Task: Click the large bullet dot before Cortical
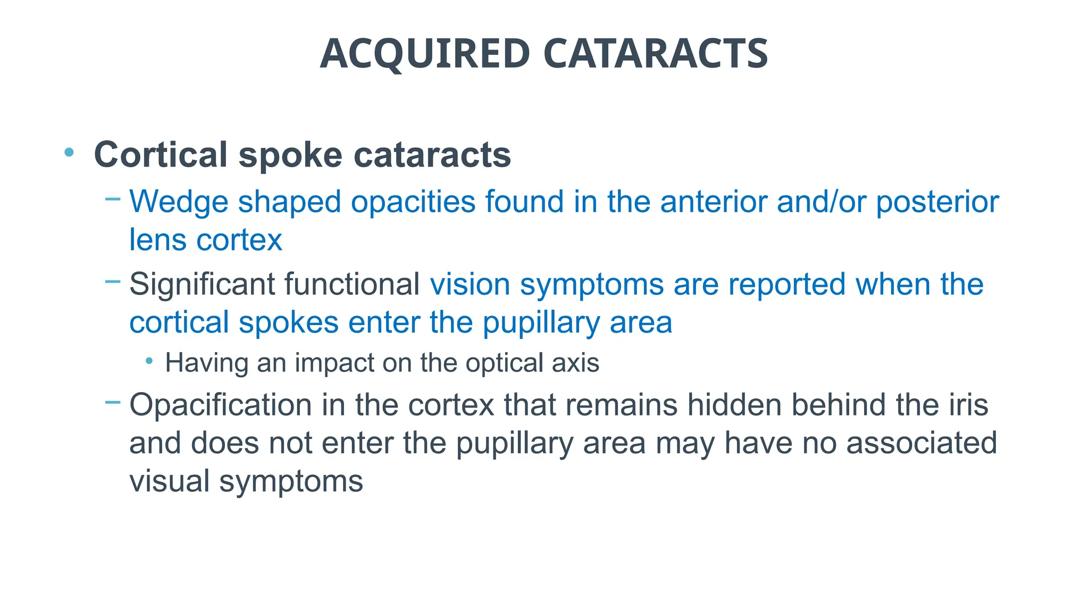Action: pyautogui.click(x=69, y=153)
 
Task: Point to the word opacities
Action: pyautogui.click(x=413, y=202)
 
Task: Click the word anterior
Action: pyautogui.click(x=713, y=202)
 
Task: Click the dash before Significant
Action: pyautogui.click(x=113, y=281)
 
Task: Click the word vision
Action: pyautogui.click(x=470, y=284)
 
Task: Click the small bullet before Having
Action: pyautogui.click(x=149, y=361)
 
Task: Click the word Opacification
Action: pyautogui.click(x=220, y=405)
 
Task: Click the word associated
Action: pyautogui.click(x=922, y=443)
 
